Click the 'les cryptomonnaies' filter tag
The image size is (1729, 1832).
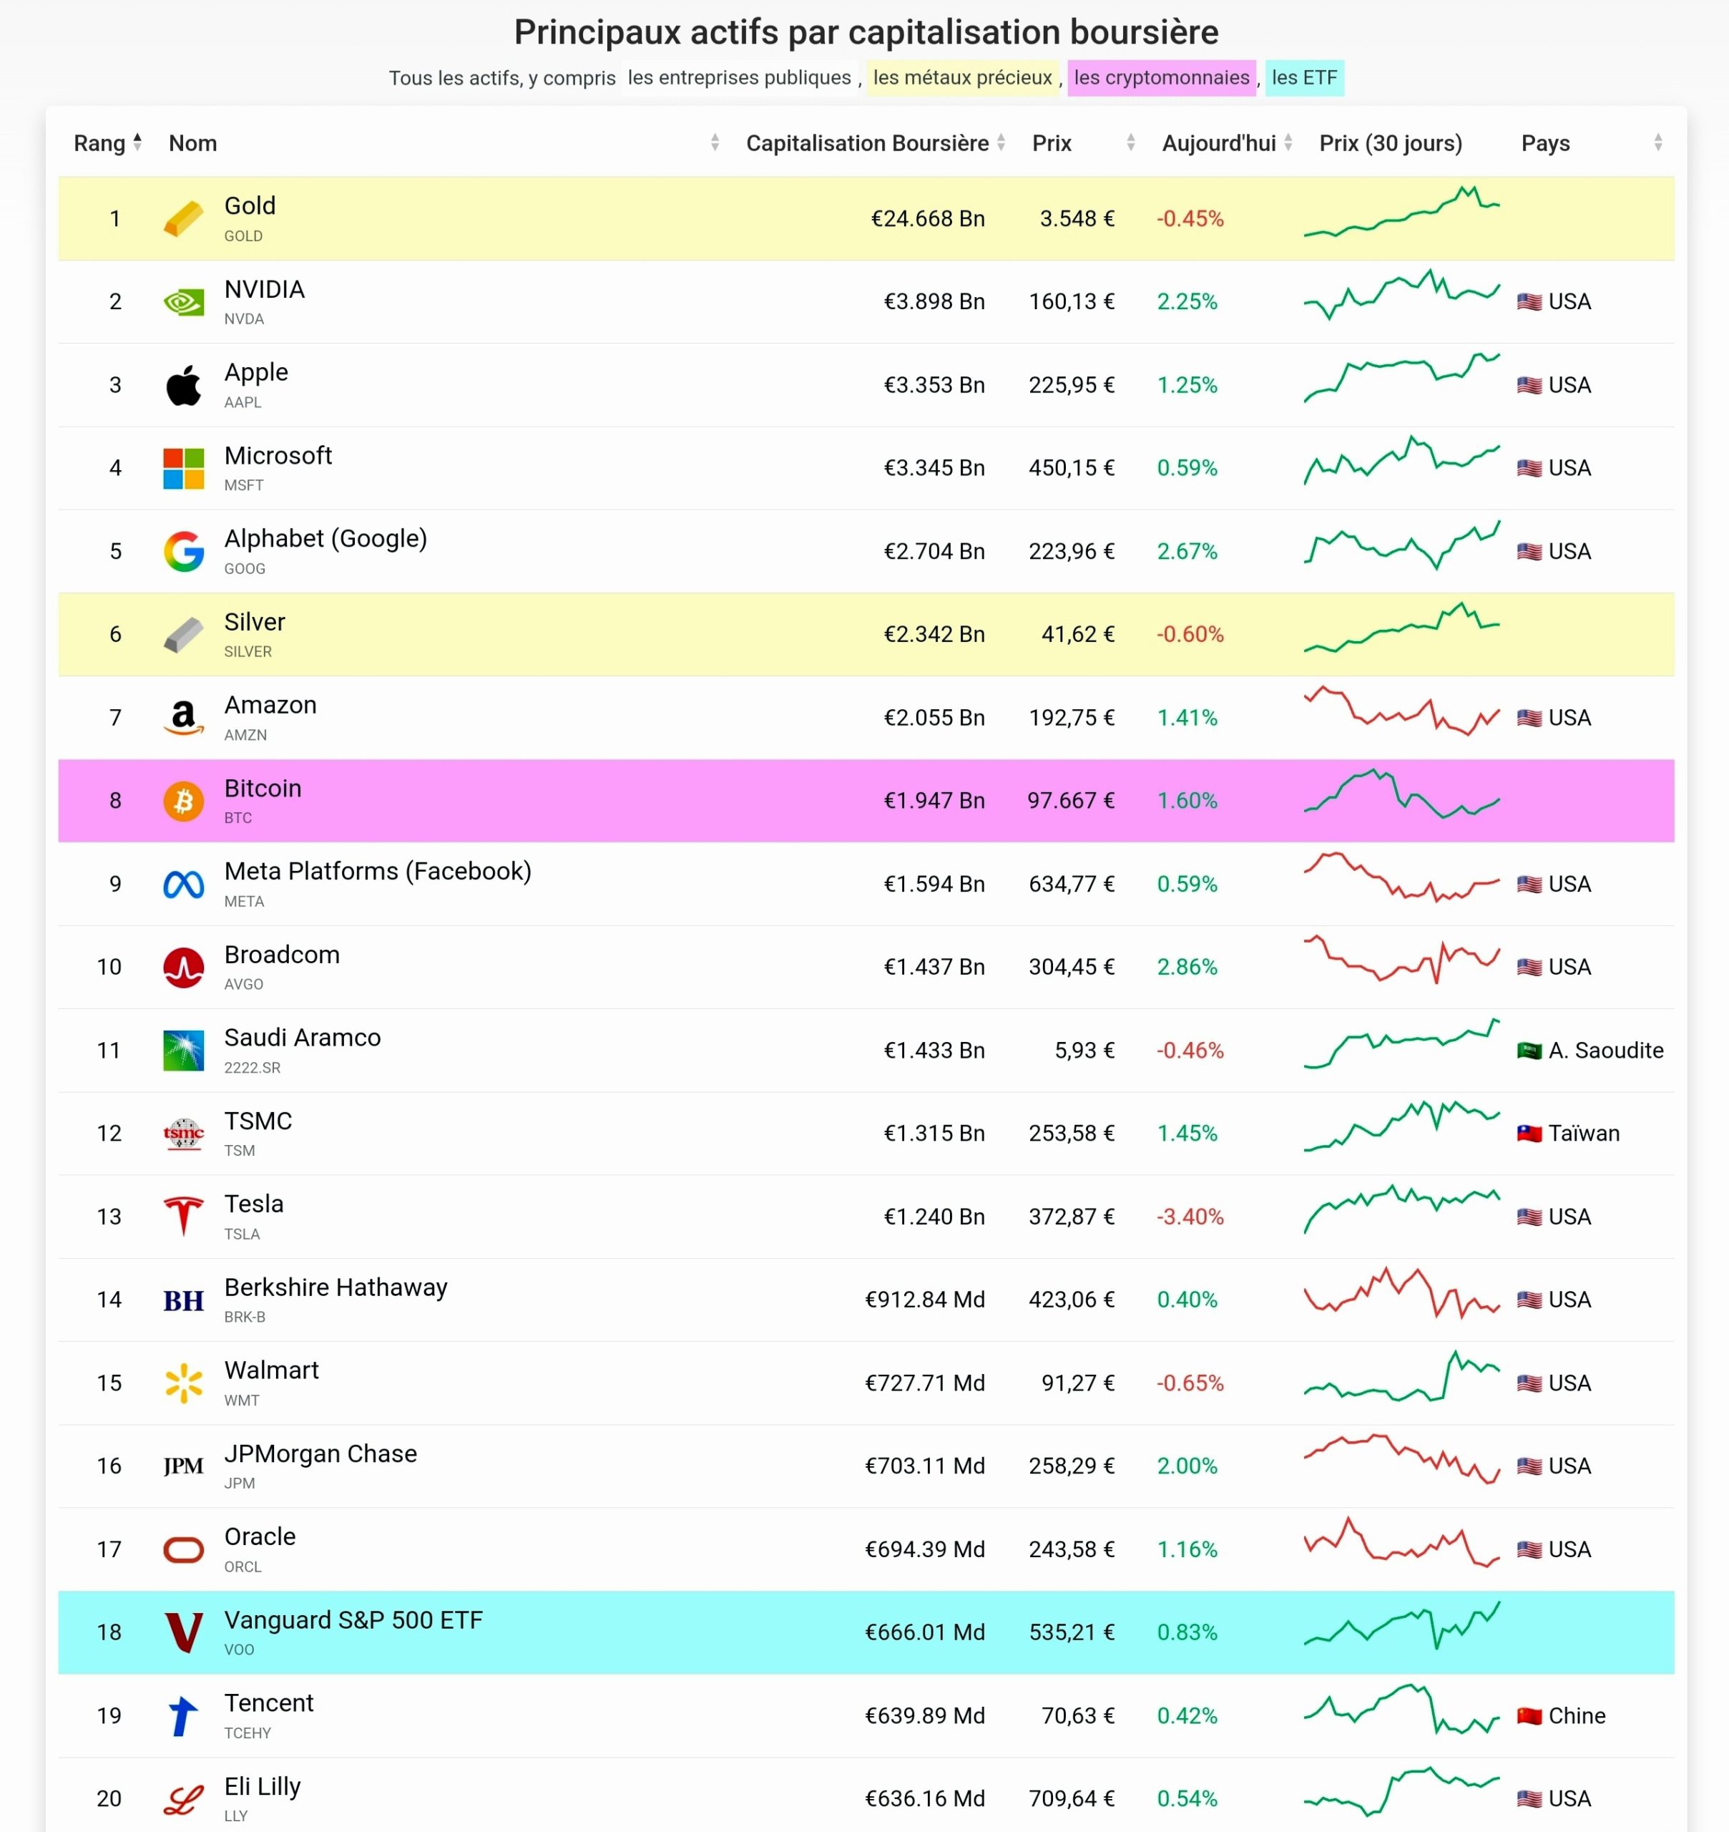pos(1161,77)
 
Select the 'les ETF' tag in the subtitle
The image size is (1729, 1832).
pos(1304,77)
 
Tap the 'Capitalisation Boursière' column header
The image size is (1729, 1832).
pos(866,143)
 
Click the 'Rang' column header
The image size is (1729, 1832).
pos(99,143)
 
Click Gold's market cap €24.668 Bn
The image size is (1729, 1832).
pos(927,218)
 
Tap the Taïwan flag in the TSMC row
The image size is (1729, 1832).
pos(1529,1133)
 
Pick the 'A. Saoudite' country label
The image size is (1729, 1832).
pos(1605,1050)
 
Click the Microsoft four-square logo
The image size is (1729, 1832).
pos(183,468)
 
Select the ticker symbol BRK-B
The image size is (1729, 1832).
pos(244,1317)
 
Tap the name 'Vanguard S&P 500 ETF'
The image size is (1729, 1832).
pos(353,1620)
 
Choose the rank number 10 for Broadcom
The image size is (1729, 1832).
pos(109,968)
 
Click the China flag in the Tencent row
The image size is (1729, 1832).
pos(1529,1716)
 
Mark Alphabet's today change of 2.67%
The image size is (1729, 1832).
pos(1187,551)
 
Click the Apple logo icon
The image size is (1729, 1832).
pos(183,386)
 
